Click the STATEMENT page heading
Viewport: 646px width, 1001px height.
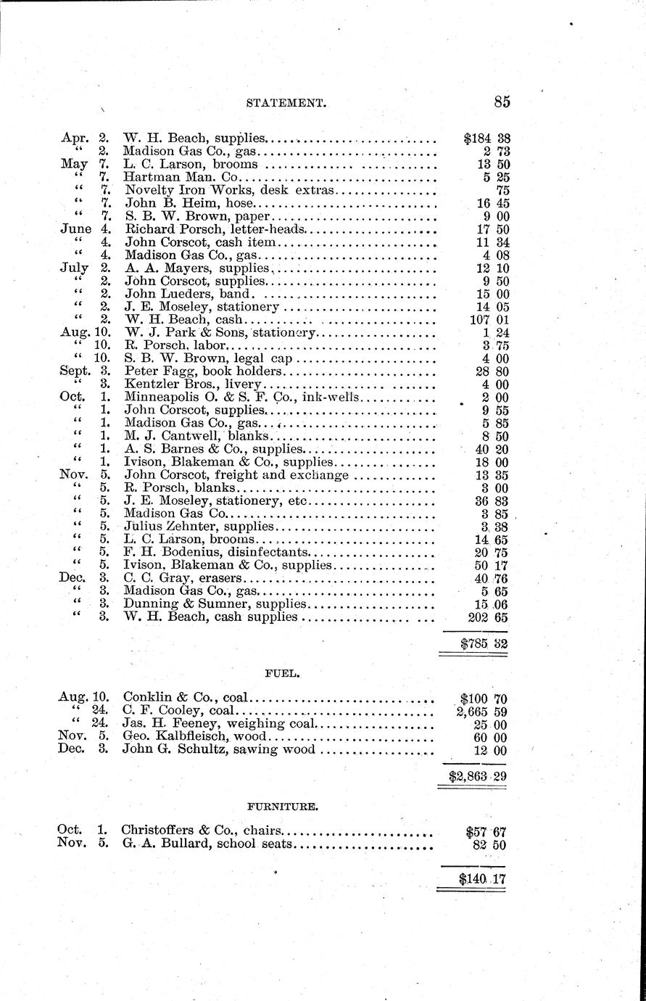(285, 103)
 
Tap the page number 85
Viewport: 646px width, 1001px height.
(502, 102)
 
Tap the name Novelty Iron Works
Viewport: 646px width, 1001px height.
(176, 190)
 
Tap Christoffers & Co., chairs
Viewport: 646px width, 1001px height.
(202, 831)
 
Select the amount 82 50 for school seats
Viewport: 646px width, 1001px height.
(492, 844)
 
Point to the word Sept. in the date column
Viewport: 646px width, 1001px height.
(74, 371)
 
